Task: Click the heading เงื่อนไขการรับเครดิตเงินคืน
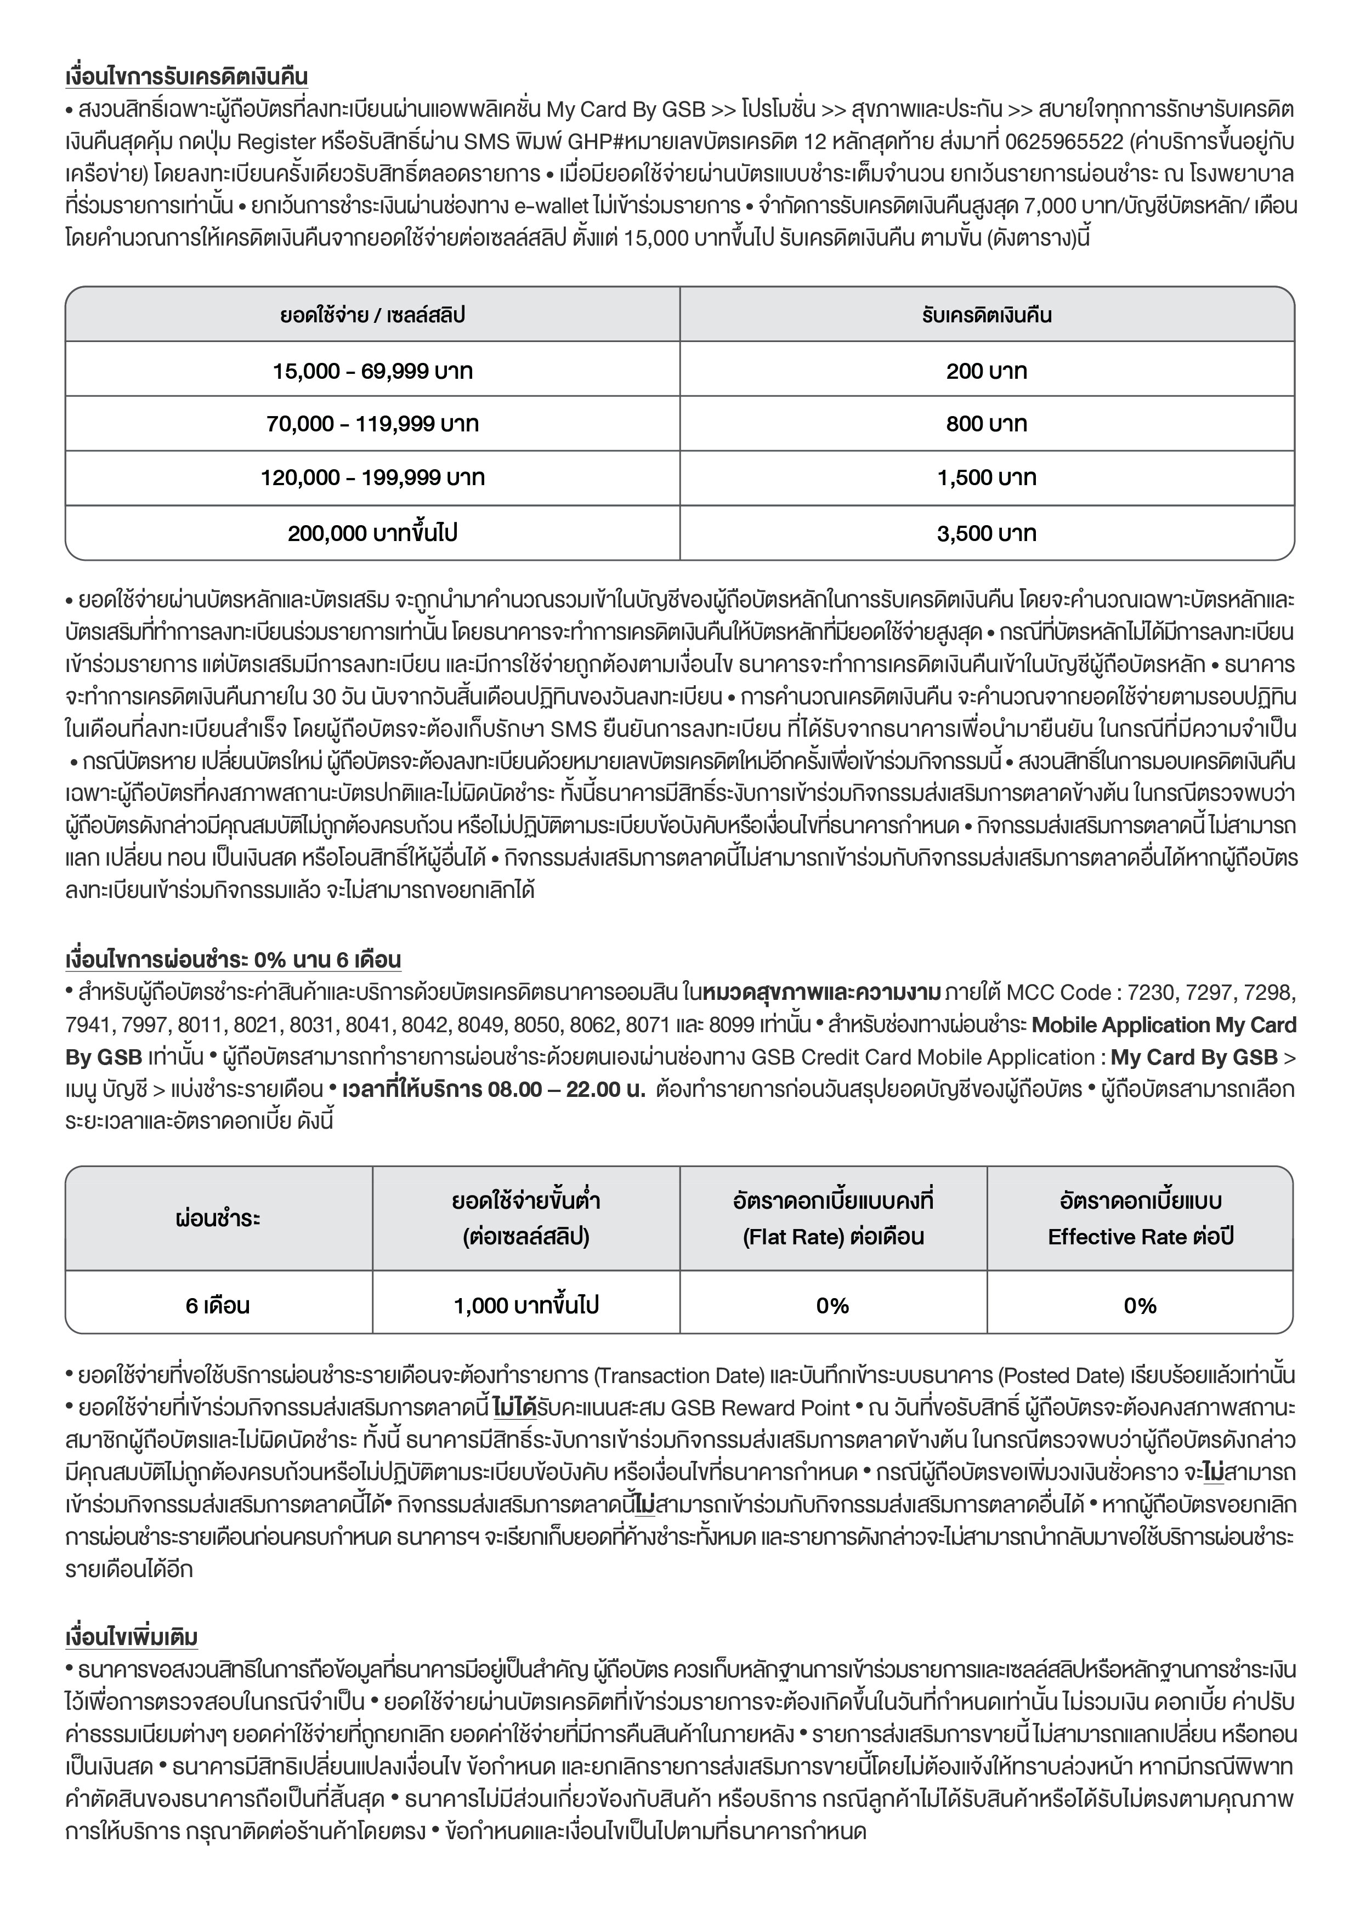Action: tap(186, 77)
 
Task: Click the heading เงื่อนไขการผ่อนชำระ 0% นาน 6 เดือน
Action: tap(233, 960)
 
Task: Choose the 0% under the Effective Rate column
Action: tap(1140, 1305)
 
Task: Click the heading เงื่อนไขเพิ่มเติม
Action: tap(132, 1636)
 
